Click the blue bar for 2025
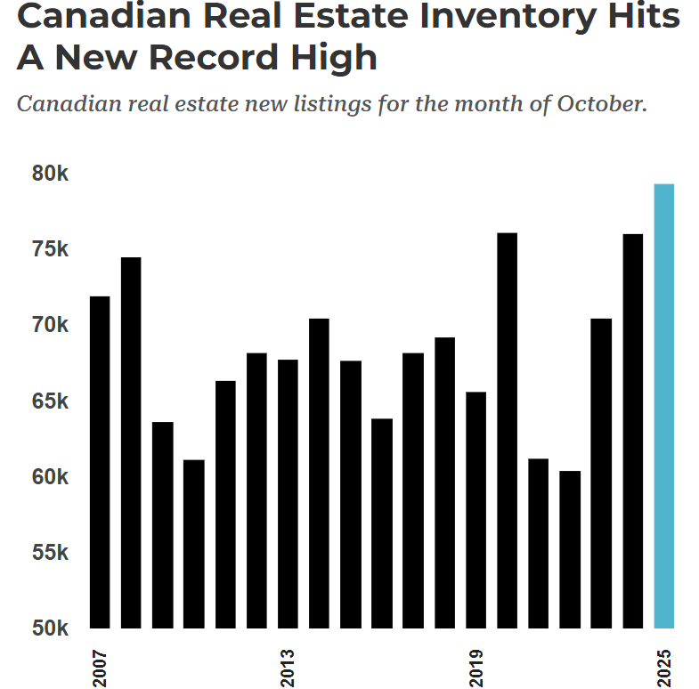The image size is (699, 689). click(663, 405)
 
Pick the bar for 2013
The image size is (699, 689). click(288, 493)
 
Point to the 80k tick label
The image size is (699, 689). click(50, 173)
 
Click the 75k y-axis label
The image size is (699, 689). click(50, 249)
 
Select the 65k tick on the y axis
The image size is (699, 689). click(50, 401)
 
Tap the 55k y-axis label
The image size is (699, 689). click(50, 552)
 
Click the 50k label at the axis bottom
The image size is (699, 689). click(50, 628)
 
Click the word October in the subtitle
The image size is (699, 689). click(601, 103)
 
